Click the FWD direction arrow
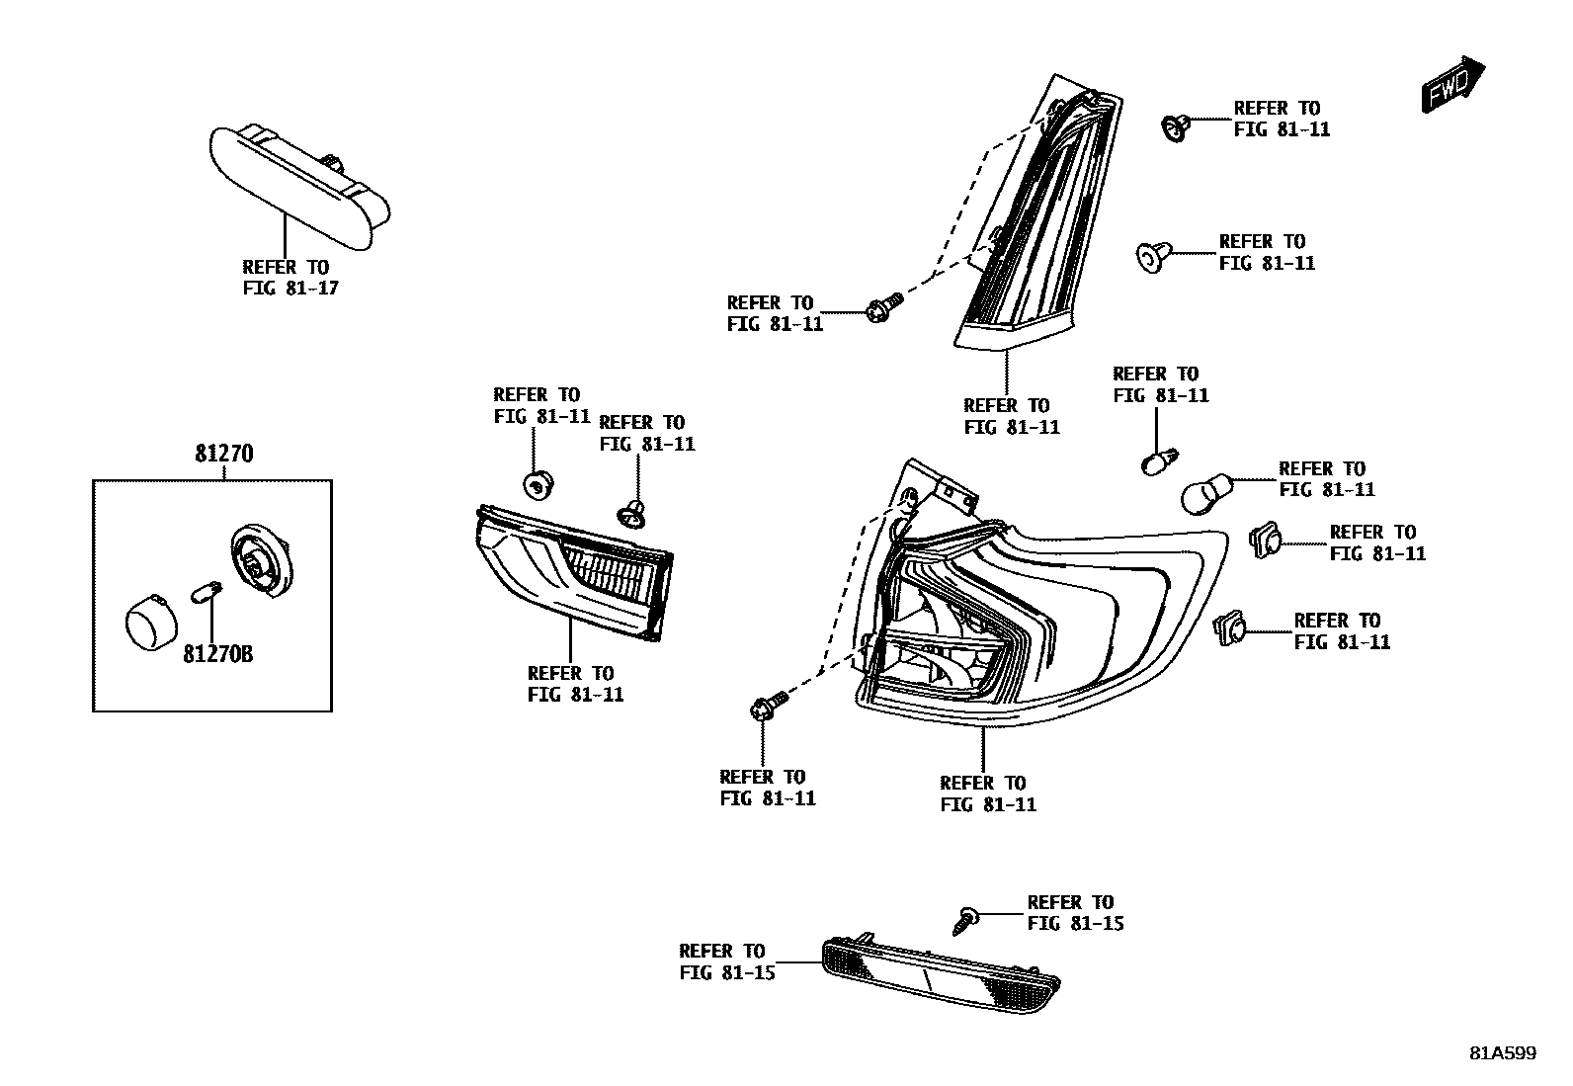click(1453, 84)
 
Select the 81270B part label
click(217, 654)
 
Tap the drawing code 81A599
click(1502, 1053)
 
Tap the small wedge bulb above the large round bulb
click(1156, 461)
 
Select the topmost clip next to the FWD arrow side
click(1173, 126)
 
